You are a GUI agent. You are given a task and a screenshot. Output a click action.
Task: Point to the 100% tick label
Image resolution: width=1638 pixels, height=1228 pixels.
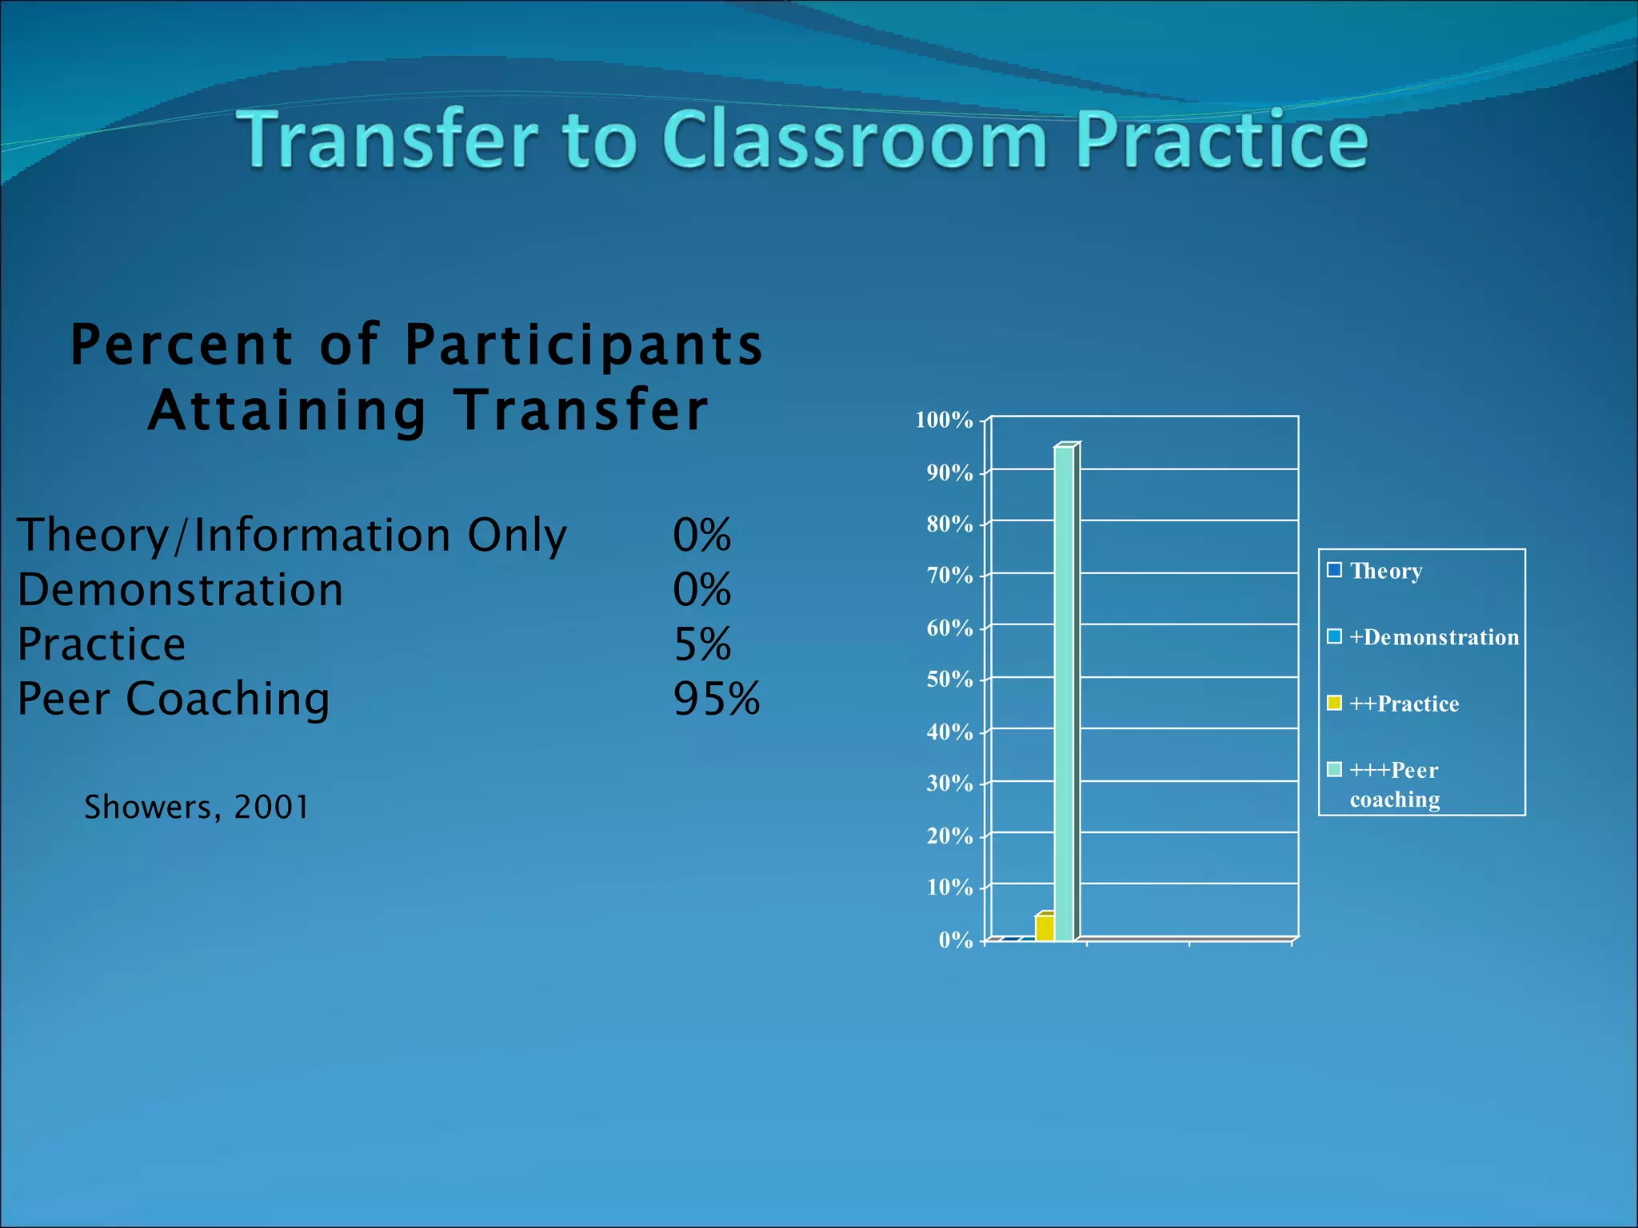pos(944,420)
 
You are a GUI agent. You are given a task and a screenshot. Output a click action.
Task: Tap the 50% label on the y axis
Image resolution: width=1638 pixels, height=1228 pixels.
pos(949,680)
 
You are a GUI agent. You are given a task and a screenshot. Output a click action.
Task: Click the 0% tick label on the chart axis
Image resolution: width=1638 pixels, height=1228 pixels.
pos(955,939)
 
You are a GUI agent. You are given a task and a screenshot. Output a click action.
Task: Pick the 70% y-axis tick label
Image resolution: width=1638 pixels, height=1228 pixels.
pos(949,576)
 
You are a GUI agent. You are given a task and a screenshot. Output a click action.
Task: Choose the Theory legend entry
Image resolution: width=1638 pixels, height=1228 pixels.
pos(1385,571)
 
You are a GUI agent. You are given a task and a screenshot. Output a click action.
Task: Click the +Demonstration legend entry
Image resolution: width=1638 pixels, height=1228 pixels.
pos(1433,637)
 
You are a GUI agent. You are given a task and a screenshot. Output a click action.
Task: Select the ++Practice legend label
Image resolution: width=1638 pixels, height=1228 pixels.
pos(1404,704)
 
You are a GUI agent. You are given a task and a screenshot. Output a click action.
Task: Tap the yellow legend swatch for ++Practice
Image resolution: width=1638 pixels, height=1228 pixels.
pos(1334,703)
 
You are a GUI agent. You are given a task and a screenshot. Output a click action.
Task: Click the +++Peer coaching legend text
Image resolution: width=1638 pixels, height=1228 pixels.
pos(1394,784)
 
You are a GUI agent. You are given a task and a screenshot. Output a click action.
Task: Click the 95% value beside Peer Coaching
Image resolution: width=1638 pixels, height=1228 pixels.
pos(716,699)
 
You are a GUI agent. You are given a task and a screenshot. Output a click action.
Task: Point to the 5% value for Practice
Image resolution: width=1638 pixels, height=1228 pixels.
pos(702,644)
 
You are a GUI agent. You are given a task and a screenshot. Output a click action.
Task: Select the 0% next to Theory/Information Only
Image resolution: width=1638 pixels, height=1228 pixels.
pos(701,535)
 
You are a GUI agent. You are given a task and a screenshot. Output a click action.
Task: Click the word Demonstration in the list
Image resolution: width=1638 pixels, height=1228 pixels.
pos(180,590)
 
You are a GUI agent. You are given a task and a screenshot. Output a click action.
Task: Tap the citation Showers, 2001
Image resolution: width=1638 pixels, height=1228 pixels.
pos(196,807)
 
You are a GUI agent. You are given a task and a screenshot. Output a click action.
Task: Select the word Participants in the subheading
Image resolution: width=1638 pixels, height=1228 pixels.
pos(584,345)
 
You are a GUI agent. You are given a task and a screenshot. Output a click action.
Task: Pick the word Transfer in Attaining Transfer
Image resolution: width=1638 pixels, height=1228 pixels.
pos(581,410)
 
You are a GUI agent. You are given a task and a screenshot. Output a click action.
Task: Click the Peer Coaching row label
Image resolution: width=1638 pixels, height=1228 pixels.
pos(173,699)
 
